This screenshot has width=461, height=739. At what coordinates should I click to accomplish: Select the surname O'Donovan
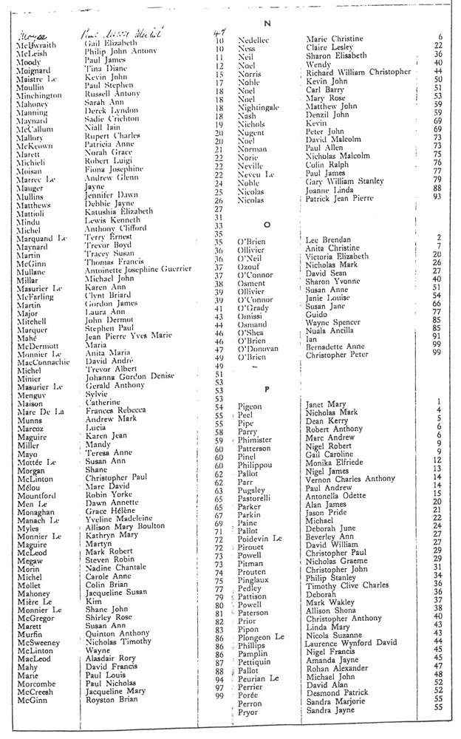[x=258, y=348]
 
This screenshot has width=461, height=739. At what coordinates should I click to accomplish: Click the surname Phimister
[x=256, y=440]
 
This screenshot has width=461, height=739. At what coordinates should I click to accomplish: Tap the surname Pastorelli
[x=256, y=500]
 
